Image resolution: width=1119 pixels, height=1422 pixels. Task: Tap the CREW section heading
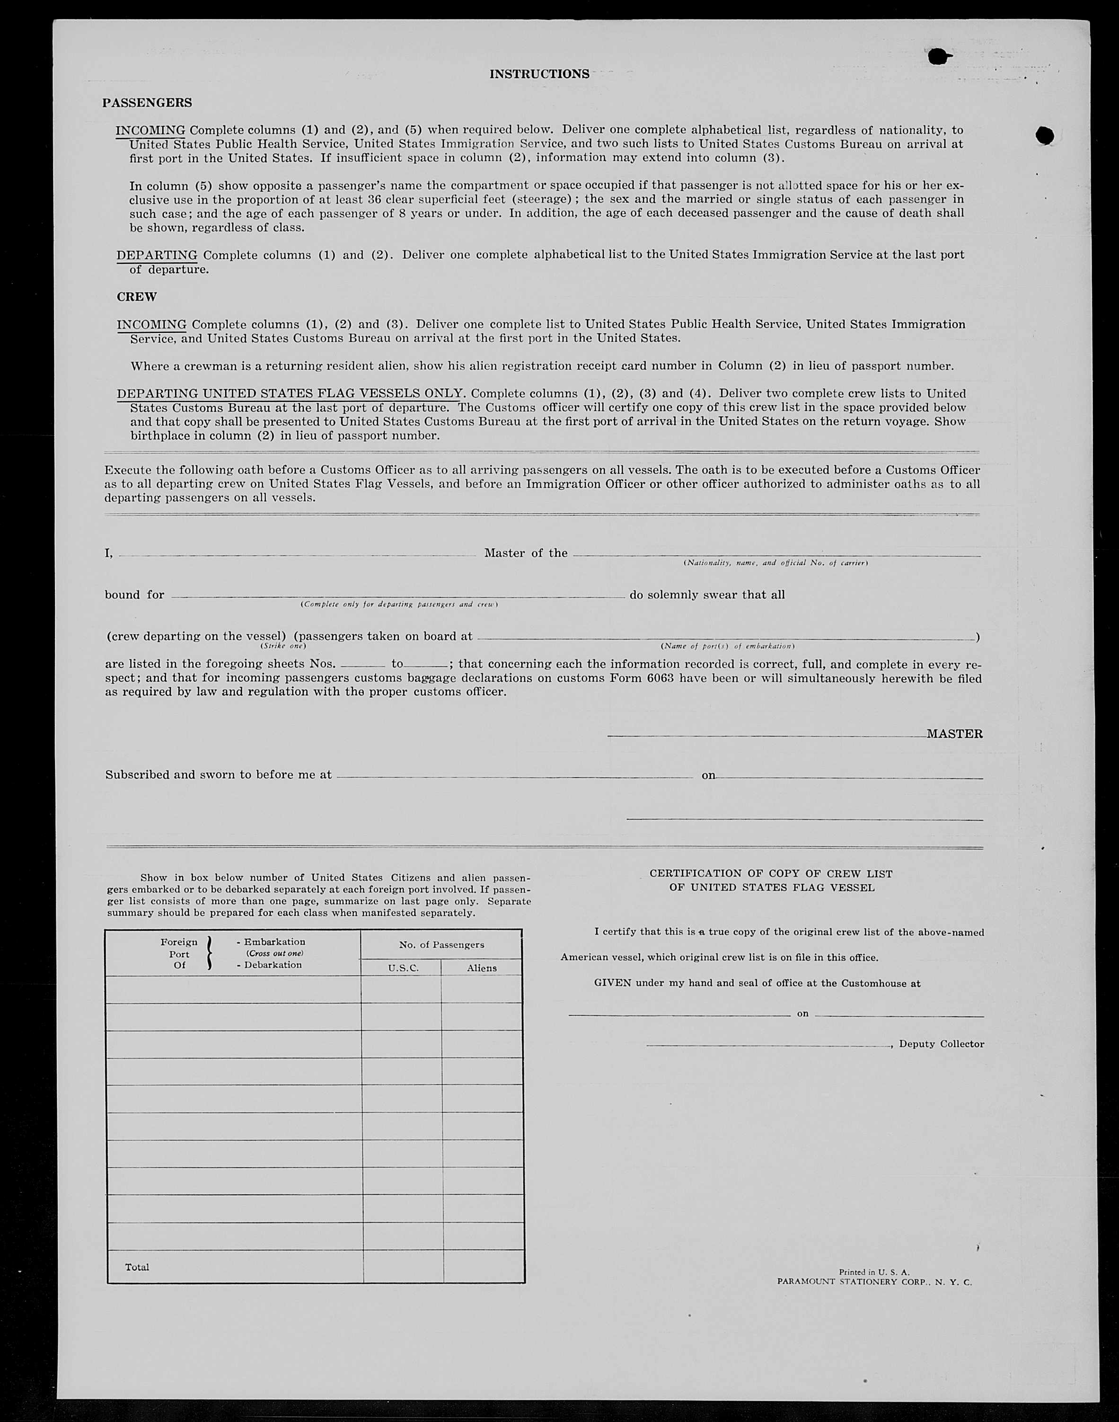(136, 297)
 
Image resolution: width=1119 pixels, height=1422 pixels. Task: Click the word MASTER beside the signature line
(954, 734)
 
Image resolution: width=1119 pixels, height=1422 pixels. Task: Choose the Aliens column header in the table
(482, 968)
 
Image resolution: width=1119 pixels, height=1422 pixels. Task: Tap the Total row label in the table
(137, 1267)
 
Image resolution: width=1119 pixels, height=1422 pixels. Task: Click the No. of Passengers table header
(441, 944)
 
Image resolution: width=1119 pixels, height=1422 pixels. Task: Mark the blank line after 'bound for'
(397, 596)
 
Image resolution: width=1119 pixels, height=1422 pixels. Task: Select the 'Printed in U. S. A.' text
(874, 1272)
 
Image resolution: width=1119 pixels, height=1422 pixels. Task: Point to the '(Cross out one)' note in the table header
(274, 953)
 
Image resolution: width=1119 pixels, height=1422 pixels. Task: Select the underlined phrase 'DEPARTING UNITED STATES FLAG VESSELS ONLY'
(290, 394)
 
